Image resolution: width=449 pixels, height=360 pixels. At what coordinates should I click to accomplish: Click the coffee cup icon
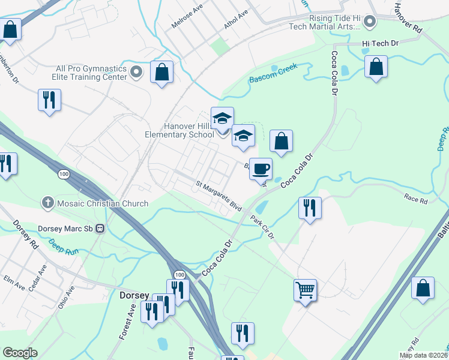point(260,169)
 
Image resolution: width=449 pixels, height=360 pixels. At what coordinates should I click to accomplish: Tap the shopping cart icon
point(306,290)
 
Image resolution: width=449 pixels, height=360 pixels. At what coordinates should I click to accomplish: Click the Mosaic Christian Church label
point(103,203)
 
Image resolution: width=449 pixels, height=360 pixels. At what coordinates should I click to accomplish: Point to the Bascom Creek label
point(273,79)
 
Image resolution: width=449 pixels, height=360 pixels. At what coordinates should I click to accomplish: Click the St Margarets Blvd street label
point(218,195)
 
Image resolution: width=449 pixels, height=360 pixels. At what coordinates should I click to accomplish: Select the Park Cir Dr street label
point(262,227)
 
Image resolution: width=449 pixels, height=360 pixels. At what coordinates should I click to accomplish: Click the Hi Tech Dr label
point(379,43)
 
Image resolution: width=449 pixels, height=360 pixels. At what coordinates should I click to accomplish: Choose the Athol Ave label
point(235,20)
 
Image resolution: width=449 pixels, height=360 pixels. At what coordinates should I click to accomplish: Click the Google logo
point(20,353)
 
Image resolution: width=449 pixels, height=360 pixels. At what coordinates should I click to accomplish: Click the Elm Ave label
point(13,283)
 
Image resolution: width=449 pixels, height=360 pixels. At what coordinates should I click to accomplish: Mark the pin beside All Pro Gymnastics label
point(137,73)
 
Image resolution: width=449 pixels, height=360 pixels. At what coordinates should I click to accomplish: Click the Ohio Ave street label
point(66,296)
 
